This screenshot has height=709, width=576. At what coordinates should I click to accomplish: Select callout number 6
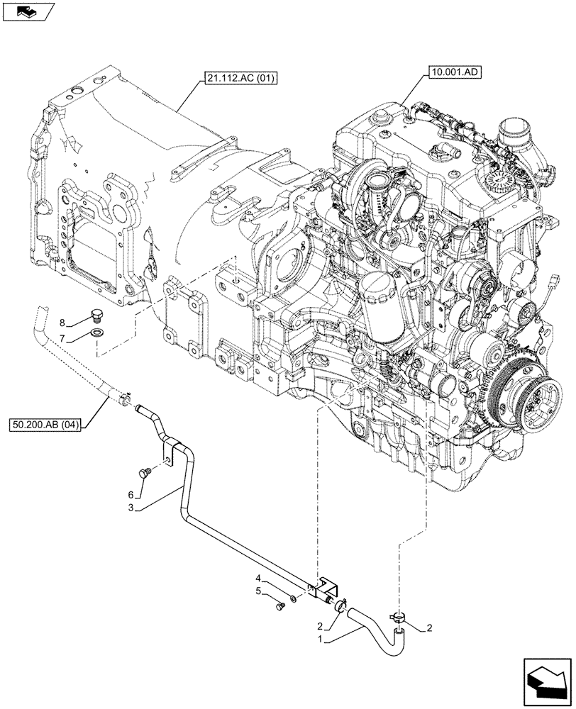click(x=131, y=494)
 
